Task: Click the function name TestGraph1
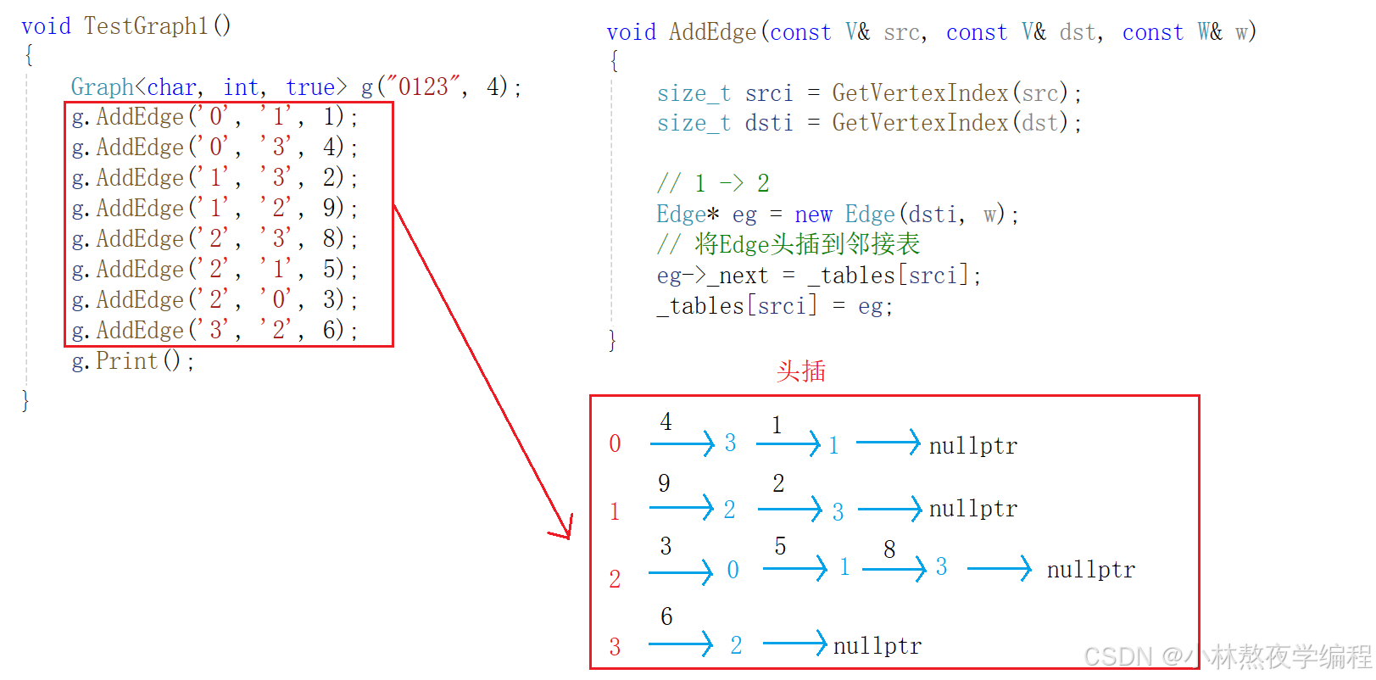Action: point(146,26)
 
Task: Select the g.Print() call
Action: point(133,361)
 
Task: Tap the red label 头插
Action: point(800,371)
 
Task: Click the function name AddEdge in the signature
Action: point(712,32)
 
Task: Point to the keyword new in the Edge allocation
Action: point(813,215)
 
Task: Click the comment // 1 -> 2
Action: point(713,183)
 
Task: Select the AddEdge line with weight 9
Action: point(214,208)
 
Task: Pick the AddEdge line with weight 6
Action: point(214,330)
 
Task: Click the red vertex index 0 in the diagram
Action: point(615,443)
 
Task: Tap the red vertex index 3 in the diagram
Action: point(615,647)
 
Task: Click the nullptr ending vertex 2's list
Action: point(1090,570)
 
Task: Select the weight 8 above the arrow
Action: point(889,549)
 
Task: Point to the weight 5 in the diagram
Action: point(780,546)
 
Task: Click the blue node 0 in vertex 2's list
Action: point(733,570)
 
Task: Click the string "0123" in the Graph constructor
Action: point(422,86)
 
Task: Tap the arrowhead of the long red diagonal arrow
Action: point(565,532)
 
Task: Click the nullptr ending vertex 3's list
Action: point(877,646)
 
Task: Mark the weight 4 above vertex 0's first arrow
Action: point(666,421)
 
